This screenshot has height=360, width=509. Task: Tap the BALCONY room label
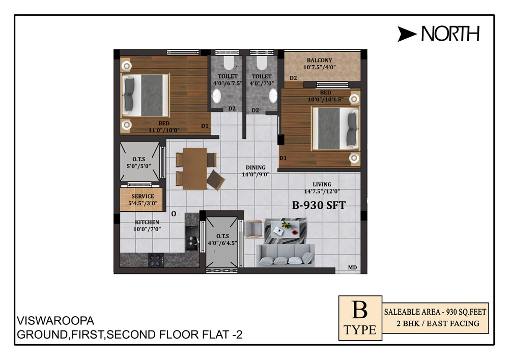pyautogui.click(x=320, y=61)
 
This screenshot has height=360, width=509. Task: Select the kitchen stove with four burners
pyautogui.click(x=155, y=260)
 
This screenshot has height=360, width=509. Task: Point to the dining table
pyautogui.click(x=195, y=169)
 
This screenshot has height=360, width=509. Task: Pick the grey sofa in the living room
pyautogui.click(x=286, y=255)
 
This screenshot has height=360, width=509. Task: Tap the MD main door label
pyautogui.click(x=353, y=267)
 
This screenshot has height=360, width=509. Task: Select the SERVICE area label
pyautogui.click(x=143, y=197)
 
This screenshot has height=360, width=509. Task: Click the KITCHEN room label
pyautogui.click(x=147, y=223)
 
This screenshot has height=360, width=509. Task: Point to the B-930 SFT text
pyautogui.click(x=319, y=205)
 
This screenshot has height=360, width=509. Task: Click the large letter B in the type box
pyautogui.click(x=360, y=310)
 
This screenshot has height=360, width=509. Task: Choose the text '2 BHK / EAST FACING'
pyautogui.click(x=438, y=323)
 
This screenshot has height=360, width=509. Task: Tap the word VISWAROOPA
pyautogui.click(x=55, y=321)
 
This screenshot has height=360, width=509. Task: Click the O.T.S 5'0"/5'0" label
pyautogui.click(x=138, y=162)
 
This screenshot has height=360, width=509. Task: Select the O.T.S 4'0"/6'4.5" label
pyautogui.click(x=223, y=239)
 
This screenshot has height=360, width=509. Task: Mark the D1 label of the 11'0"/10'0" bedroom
pyautogui.click(x=205, y=126)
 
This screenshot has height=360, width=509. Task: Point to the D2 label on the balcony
pyautogui.click(x=293, y=78)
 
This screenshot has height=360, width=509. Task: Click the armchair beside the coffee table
pyautogui.click(x=253, y=229)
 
